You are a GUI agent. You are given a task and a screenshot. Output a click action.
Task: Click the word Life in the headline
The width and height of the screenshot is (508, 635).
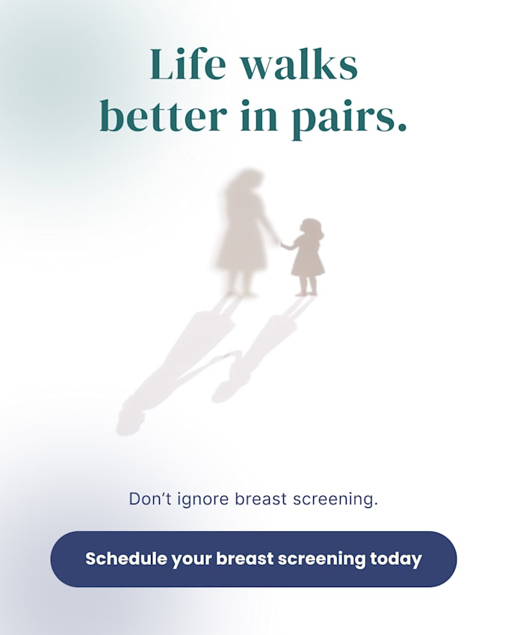188,64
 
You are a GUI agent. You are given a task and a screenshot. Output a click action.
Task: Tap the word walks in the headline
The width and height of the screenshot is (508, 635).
300,64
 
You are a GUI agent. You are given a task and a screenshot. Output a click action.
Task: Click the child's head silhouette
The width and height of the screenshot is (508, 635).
311,229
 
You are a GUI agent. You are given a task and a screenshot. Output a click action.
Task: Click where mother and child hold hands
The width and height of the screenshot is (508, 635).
279,242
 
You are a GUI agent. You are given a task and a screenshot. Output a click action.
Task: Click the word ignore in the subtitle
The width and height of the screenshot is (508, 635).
205,500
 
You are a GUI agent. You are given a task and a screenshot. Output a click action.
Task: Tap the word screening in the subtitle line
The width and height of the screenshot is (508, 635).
335,500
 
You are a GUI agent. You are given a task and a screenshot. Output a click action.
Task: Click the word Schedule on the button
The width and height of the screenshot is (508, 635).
126,559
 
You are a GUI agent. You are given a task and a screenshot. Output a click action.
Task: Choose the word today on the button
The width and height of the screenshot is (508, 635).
396,560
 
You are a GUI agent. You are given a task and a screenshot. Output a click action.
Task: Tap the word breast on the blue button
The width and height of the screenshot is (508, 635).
245,559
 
